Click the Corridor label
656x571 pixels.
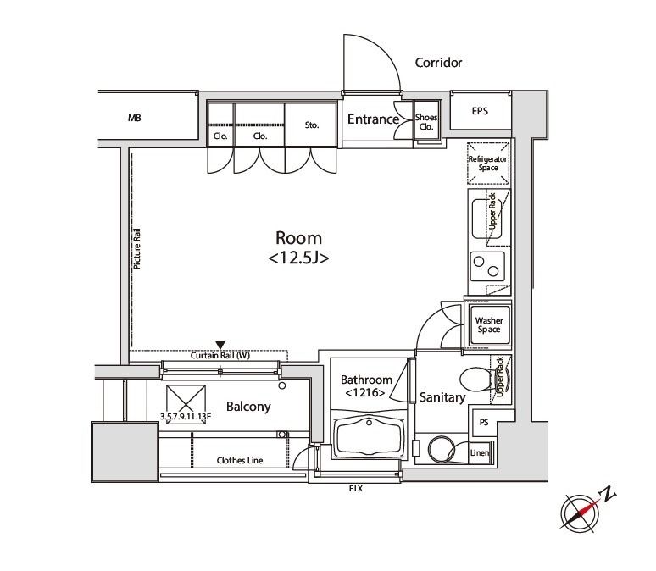(438, 63)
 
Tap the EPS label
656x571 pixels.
(480, 111)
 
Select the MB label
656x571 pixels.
(134, 118)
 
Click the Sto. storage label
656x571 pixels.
(312, 125)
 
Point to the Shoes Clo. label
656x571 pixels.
(426, 122)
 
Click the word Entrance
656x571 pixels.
(373, 119)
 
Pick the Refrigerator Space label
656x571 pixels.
(488, 164)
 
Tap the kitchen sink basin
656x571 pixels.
(486, 219)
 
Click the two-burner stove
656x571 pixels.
(487, 266)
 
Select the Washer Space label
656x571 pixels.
(489, 324)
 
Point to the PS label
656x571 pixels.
(484, 422)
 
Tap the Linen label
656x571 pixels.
(480, 452)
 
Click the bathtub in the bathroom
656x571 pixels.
(370, 436)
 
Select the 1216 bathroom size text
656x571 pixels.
(365, 393)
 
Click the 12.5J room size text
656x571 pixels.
(298, 258)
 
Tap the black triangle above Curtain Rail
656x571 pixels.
(220, 345)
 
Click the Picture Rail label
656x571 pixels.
(136, 248)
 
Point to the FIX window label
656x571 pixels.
(356, 488)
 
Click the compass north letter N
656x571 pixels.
(609, 494)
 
